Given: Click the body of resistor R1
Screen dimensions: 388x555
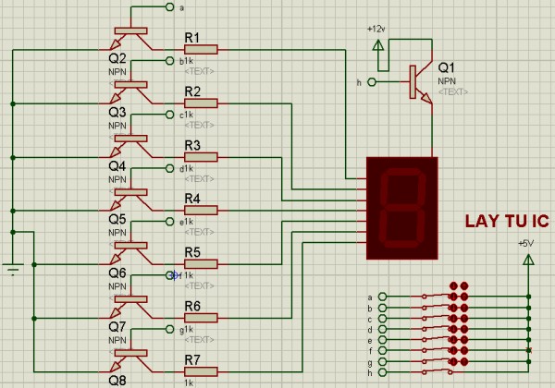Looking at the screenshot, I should point(201,50).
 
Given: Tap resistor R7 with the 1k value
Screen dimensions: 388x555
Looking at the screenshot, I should point(201,371).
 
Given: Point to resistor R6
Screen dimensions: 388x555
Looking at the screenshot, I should point(201,318).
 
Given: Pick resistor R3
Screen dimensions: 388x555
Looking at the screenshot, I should point(201,157).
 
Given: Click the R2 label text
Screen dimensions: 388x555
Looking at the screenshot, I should point(192,91).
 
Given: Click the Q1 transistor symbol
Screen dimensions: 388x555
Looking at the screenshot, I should point(418,81).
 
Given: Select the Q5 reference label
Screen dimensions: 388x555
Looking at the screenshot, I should point(117,220).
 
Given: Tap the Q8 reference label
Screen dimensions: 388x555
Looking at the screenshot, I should point(117,380).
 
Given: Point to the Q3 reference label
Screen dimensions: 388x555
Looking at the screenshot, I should point(117,112).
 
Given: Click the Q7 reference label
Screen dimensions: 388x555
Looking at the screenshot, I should point(117,326).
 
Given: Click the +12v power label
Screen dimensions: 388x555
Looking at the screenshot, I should point(376,29).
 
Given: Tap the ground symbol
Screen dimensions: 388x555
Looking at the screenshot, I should point(12,269).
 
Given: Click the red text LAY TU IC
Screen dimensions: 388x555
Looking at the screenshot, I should point(507,222).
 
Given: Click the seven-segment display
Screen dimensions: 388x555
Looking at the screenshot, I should point(401,207).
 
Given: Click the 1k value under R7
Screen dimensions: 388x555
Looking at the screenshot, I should point(189,382).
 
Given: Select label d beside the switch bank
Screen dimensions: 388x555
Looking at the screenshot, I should point(370,330).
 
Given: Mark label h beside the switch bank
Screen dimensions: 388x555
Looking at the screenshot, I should point(370,373).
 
